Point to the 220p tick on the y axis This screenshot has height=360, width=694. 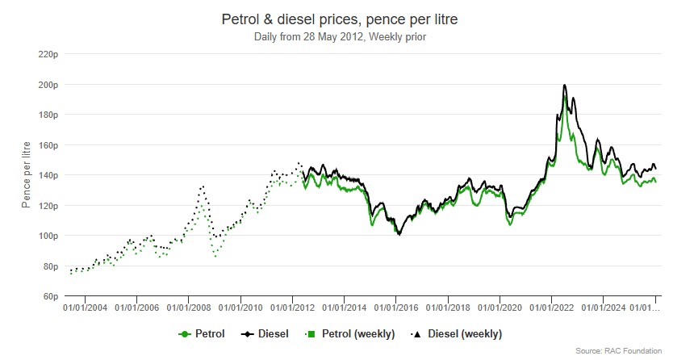47,54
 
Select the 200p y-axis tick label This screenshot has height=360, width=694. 47,85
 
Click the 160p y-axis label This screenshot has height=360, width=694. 47,145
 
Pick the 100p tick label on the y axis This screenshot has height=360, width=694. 47,236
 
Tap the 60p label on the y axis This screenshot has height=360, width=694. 49,296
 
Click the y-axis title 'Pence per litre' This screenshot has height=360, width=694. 26,175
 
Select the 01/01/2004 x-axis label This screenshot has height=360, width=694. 85,308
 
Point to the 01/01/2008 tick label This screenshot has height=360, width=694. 188,308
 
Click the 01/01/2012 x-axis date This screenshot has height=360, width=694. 292,308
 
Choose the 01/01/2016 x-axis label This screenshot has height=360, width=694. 395,308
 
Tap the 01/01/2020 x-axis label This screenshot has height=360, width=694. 500,308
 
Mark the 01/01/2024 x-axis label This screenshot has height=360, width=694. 603,308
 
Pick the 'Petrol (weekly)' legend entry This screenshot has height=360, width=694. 352,333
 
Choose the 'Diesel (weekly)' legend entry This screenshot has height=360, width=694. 457,333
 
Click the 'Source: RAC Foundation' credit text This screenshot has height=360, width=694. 618,350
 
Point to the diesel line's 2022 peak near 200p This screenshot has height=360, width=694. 564,85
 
